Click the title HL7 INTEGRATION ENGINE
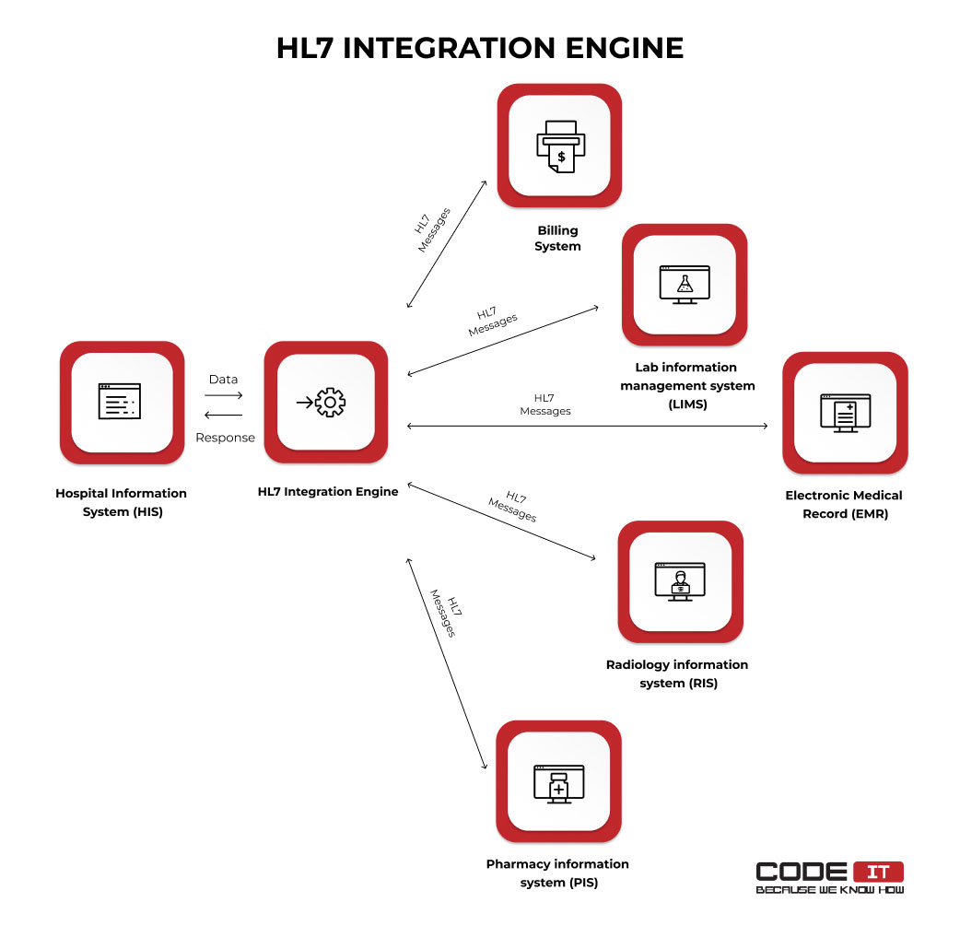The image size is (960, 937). tap(480, 48)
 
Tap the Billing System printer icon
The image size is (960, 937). tap(559, 145)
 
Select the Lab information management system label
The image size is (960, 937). tap(687, 385)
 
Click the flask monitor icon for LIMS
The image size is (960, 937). tap(685, 284)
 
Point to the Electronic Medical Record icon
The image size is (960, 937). tap(845, 413)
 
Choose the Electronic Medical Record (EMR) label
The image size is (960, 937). tap(844, 504)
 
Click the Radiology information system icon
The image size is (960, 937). tap(680, 581)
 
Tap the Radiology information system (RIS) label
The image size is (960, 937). tap(677, 673)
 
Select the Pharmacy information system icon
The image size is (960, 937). tap(558, 782)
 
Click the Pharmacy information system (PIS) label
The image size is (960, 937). tap(557, 873)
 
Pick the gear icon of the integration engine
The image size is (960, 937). tap(329, 402)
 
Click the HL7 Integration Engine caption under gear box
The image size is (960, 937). tap(328, 491)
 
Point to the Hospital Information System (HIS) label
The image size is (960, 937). tap(122, 502)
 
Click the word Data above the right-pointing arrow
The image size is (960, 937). tap(223, 379)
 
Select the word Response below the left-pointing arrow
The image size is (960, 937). tap(225, 438)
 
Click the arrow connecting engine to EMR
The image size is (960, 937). tap(588, 427)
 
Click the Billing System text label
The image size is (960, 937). tap(558, 238)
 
